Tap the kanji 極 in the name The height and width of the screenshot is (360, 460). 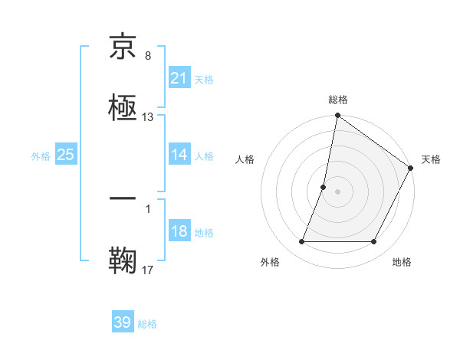click(x=123, y=109)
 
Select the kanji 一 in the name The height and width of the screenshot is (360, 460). click(x=123, y=201)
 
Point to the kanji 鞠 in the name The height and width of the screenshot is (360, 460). click(x=123, y=261)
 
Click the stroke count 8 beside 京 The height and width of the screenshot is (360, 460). click(x=148, y=56)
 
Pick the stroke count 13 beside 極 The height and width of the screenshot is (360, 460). click(x=148, y=117)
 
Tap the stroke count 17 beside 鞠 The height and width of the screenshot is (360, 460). click(x=148, y=270)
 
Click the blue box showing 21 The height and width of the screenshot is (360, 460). click(x=179, y=78)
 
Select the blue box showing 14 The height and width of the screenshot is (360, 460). click(x=179, y=155)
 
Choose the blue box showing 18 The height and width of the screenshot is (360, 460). click(x=179, y=232)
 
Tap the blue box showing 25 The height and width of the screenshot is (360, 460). click(x=66, y=155)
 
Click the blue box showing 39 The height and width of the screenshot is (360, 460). click(x=123, y=322)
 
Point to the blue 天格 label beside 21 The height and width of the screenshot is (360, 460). click(x=204, y=79)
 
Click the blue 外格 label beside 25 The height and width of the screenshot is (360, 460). click(x=41, y=155)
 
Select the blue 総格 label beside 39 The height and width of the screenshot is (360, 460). click(x=147, y=323)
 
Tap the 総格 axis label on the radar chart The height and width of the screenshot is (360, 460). click(x=338, y=100)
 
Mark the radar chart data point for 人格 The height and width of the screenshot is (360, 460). click(x=324, y=188)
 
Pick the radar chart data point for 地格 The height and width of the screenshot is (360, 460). click(x=374, y=242)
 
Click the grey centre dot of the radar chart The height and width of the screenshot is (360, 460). click(x=338, y=191)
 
